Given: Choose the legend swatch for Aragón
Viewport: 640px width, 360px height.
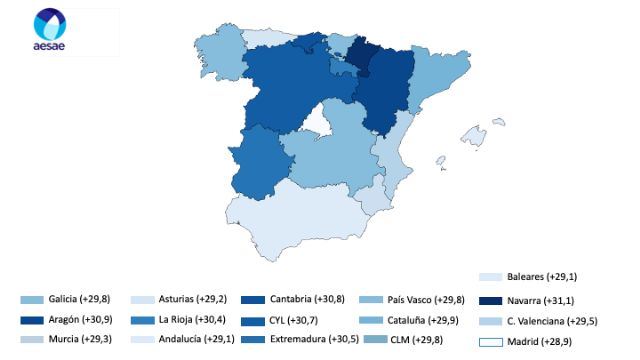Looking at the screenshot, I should point(33,320).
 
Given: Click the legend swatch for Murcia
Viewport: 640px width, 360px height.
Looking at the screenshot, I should point(33,340).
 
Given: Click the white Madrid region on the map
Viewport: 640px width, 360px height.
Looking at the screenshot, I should point(319,126).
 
